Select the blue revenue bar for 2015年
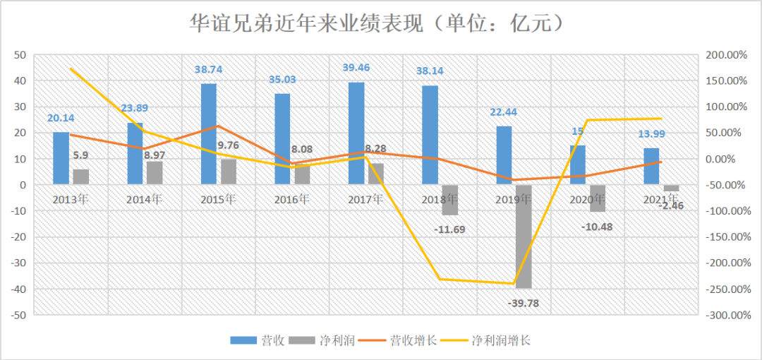pyautogui.click(x=209, y=134)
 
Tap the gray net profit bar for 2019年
pyautogui.click(x=523, y=236)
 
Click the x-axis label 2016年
pyautogui.click(x=291, y=198)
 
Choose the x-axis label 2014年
pyautogui.click(x=145, y=198)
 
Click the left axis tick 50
pyautogui.click(x=20, y=54)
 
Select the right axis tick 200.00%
pyautogui.click(x=726, y=54)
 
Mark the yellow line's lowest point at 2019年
pyautogui.click(x=513, y=284)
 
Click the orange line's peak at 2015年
pyautogui.click(x=218, y=126)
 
